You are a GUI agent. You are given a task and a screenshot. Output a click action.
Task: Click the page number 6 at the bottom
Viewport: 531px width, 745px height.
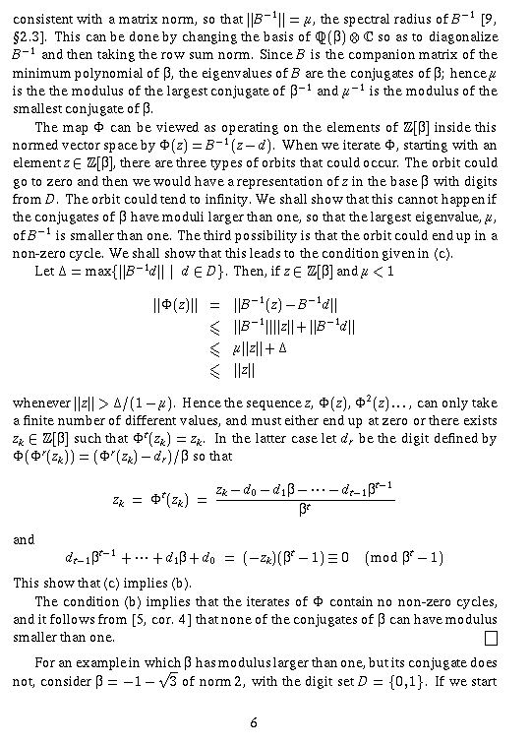(x=254, y=722)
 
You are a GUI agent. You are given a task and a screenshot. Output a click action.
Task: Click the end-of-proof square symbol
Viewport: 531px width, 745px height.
(x=491, y=638)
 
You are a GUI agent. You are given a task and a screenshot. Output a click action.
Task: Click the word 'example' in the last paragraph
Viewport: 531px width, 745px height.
(x=107, y=662)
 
